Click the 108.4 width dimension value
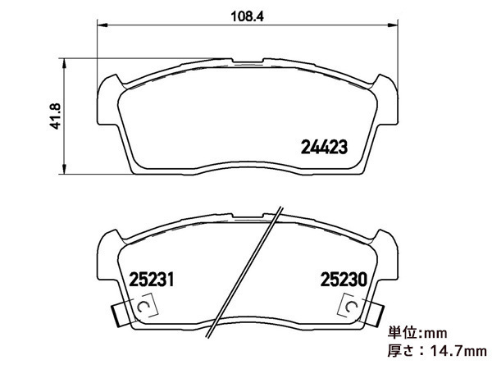[248, 16]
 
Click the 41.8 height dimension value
[57, 116]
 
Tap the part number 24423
[324, 147]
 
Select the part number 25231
[151, 280]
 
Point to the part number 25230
[344, 280]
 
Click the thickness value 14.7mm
[458, 351]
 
